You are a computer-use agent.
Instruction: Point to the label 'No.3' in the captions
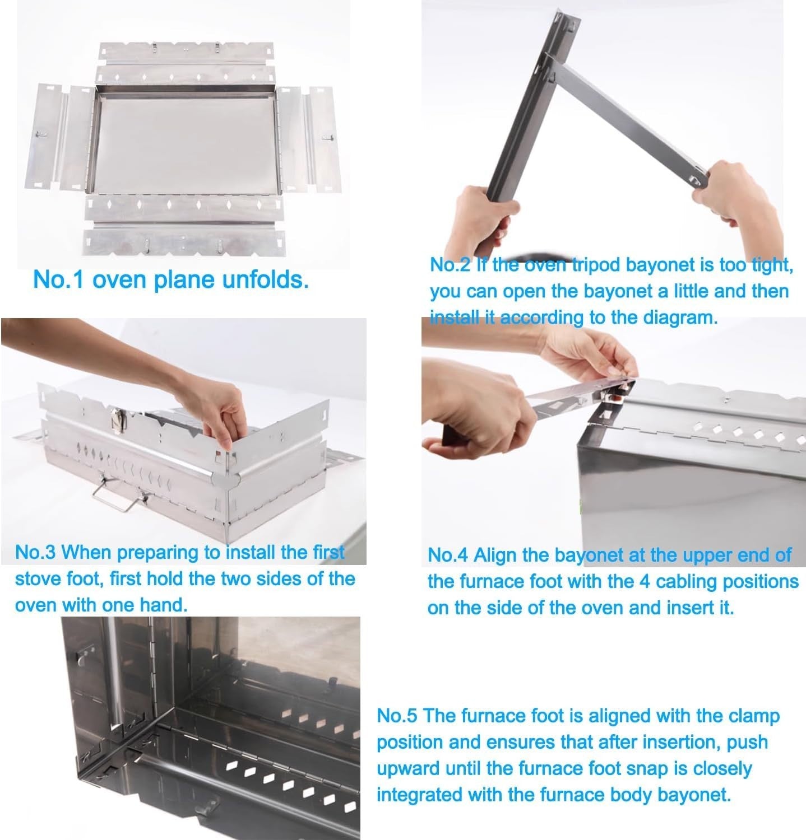pos(35,552)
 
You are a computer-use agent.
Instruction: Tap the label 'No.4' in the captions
pos(448,555)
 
